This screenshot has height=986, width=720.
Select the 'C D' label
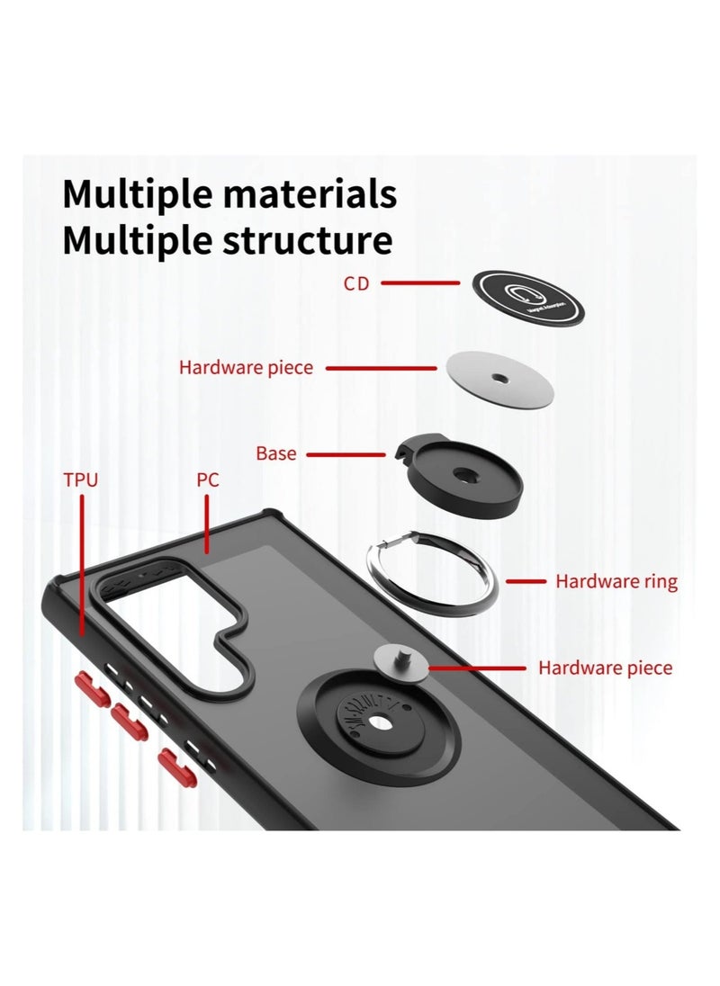[355, 283]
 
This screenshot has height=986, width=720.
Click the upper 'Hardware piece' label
[246, 367]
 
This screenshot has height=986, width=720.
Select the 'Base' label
[275, 453]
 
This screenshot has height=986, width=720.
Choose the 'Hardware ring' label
[616, 581]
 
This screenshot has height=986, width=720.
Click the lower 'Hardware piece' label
[605, 668]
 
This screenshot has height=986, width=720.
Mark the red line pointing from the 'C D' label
[419, 283]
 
